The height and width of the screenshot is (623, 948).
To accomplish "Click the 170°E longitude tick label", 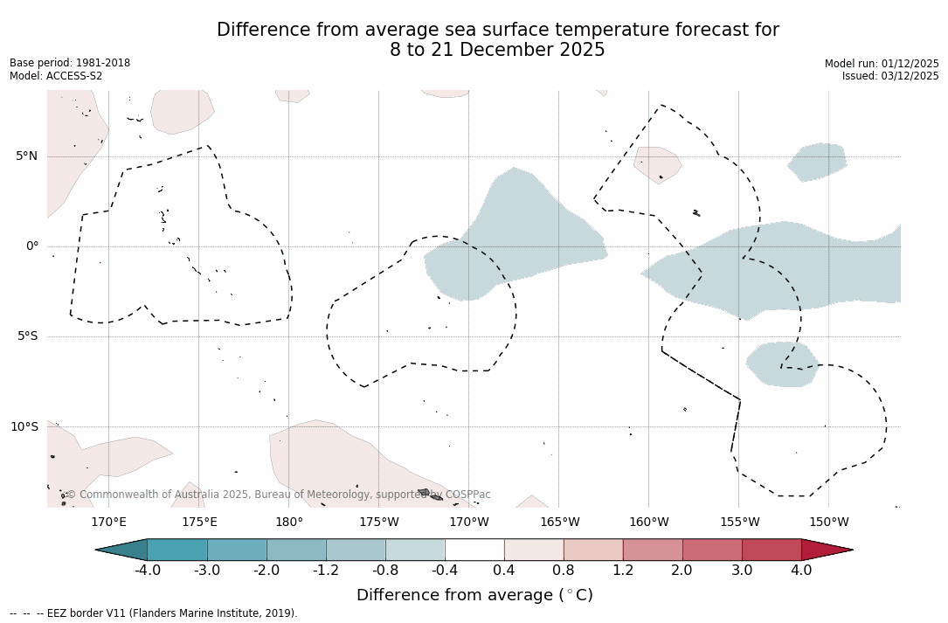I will click(108, 523).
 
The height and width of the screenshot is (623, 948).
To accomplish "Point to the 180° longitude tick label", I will click(289, 523).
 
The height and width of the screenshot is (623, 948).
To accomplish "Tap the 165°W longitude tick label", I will click(559, 523).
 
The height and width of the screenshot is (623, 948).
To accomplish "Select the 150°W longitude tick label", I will click(829, 523).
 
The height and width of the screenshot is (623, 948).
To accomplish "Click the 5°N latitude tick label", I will click(26, 156).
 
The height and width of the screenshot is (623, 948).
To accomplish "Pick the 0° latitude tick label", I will click(32, 246).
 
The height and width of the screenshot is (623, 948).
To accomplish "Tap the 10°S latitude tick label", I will click(24, 427).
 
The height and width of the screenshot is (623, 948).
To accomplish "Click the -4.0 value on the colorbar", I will click(147, 571).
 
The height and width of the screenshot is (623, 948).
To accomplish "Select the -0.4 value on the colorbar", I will click(445, 571).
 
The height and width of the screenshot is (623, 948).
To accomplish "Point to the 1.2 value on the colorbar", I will click(623, 571).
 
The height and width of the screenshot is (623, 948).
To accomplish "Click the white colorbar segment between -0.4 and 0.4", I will click(474, 550).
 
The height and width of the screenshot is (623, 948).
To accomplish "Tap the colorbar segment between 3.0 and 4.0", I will click(772, 550).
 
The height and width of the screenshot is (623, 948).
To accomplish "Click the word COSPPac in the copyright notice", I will click(467, 495).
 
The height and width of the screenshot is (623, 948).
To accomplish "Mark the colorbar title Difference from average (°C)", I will click(474, 595).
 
